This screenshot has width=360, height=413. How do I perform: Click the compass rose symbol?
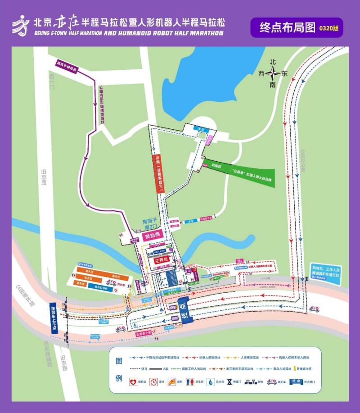(273, 74)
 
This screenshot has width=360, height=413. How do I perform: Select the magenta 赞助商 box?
(152, 236)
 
